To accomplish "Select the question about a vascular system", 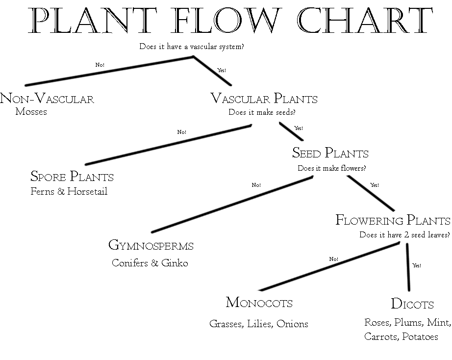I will click(x=192, y=47).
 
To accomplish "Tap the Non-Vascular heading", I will click(x=47, y=99).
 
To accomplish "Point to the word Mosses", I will click(x=31, y=112).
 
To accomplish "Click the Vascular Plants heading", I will click(x=264, y=99).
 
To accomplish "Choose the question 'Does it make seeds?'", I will click(x=262, y=112).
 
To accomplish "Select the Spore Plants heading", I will click(x=72, y=176).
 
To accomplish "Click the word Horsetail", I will click(x=87, y=191).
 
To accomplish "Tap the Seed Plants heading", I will click(x=330, y=153).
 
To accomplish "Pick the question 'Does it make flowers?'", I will click(x=332, y=168).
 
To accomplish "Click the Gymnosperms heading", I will click(x=151, y=245).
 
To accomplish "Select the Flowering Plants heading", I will click(x=393, y=220).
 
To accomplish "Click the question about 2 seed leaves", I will click(x=404, y=235).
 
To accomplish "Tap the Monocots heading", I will click(x=259, y=303).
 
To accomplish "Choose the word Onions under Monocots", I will click(x=293, y=324).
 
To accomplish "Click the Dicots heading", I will click(x=412, y=304).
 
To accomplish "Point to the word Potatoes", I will click(x=420, y=337).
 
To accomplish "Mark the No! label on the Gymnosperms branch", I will click(x=256, y=185).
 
